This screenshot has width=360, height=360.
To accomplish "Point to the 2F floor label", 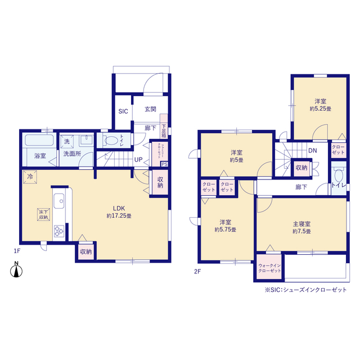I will click(x=197, y=271).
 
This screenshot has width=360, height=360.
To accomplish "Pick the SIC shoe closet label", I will click(x=123, y=112).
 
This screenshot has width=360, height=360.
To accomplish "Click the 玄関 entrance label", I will click(x=150, y=110).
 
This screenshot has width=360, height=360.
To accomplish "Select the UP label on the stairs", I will click(x=138, y=160).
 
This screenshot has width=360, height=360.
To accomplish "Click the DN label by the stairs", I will click(x=313, y=151).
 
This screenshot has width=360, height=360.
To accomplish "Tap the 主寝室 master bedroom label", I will click(x=301, y=223).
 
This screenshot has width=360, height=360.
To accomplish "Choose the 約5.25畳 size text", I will click(x=319, y=109).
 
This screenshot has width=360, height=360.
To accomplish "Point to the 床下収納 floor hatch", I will click(x=43, y=214).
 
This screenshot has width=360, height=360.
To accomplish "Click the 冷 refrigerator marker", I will click(x=29, y=177).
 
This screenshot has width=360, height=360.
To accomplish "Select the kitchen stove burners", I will click(x=58, y=231).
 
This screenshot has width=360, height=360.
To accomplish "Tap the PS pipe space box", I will click(x=164, y=164).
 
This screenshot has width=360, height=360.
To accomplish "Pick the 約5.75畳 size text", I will click(x=225, y=229).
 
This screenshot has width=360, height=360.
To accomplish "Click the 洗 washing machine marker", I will click(x=67, y=141).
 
